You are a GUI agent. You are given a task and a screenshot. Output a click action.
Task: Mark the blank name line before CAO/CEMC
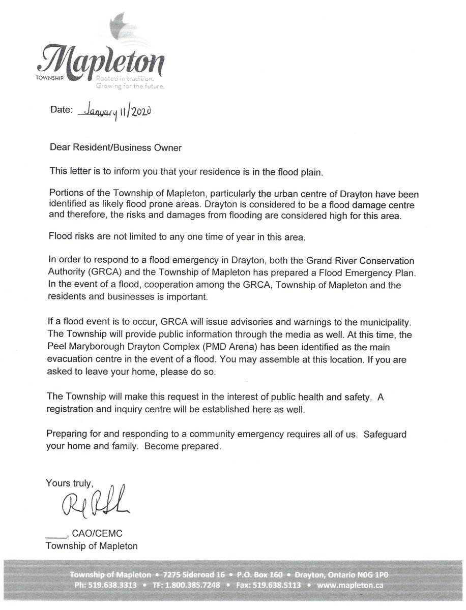point(55,536)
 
